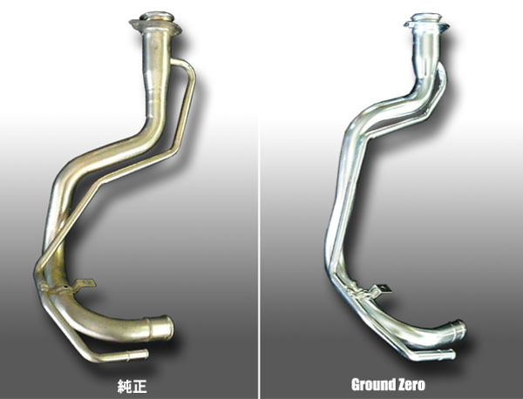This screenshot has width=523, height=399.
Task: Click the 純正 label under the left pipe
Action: coord(132,386)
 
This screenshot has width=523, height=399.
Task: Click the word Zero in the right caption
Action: coord(411,385)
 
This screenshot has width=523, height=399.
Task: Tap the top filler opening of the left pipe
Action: coord(157,17)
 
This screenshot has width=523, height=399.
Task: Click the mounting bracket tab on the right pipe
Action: coord(382,288)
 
